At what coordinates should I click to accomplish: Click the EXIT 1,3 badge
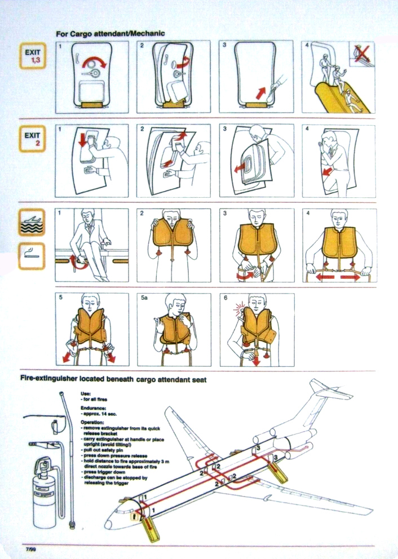pyautogui.click(x=32, y=56)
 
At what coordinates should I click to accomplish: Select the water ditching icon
pyautogui.click(x=32, y=222)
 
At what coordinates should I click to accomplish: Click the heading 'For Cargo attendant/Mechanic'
pyautogui.click(x=110, y=34)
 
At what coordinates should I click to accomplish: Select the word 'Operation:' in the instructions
pyautogui.click(x=93, y=422)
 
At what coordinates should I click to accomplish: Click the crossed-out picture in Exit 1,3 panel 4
pyautogui.click(x=362, y=54)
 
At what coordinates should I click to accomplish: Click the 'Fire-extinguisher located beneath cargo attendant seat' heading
pyautogui.click(x=113, y=380)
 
